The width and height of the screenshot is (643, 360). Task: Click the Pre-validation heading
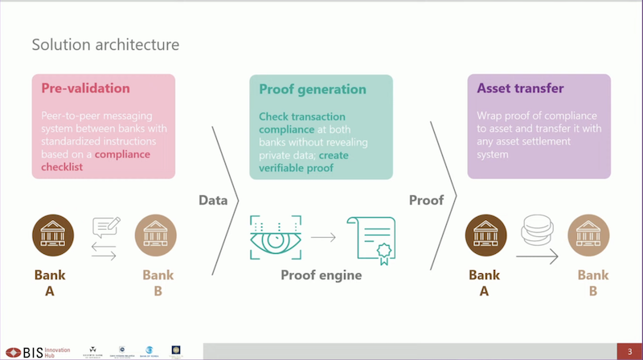click(85, 88)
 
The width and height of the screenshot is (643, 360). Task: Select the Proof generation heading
click(313, 89)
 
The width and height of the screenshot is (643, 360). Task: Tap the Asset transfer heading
click(520, 88)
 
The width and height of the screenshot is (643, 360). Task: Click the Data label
click(213, 200)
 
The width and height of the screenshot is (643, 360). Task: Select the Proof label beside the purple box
click(426, 200)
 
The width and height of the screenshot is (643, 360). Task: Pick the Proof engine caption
click(321, 276)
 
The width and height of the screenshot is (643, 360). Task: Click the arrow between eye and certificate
click(323, 237)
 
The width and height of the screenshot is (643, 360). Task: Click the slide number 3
click(629, 351)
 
